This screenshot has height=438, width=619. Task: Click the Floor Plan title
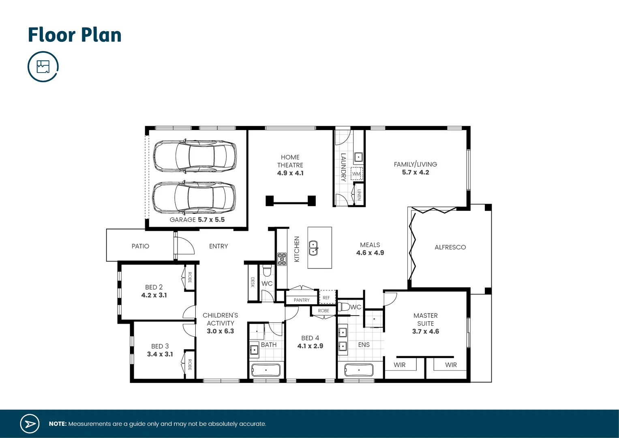tap(75, 35)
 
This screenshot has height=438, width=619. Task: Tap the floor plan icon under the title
tap(43, 67)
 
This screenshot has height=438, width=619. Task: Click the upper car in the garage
tap(195, 156)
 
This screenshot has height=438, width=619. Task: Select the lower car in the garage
tap(194, 198)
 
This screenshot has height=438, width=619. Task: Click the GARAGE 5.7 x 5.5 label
tap(197, 219)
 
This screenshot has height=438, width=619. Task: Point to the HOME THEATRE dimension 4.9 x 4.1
tap(290, 173)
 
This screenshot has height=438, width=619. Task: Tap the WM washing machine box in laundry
tap(356, 174)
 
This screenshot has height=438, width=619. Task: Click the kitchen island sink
tap(313, 248)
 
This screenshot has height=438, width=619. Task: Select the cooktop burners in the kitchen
tap(282, 259)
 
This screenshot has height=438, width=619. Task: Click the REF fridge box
tap(327, 297)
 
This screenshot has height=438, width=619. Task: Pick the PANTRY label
tap(302, 300)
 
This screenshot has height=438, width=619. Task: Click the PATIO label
tap(140, 246)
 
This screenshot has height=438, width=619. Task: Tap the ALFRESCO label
tap(450, 247)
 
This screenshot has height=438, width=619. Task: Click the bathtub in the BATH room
tap(266, 370)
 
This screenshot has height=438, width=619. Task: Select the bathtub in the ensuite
tap(359, 370)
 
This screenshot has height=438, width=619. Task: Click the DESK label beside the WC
tap(253, 282)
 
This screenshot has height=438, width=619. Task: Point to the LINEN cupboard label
tap(359, 195)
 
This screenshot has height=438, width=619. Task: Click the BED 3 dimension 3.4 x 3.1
tap(160, 354)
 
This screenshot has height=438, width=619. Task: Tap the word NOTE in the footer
tap(58, 424)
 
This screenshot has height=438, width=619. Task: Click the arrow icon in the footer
tap(30, 424)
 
